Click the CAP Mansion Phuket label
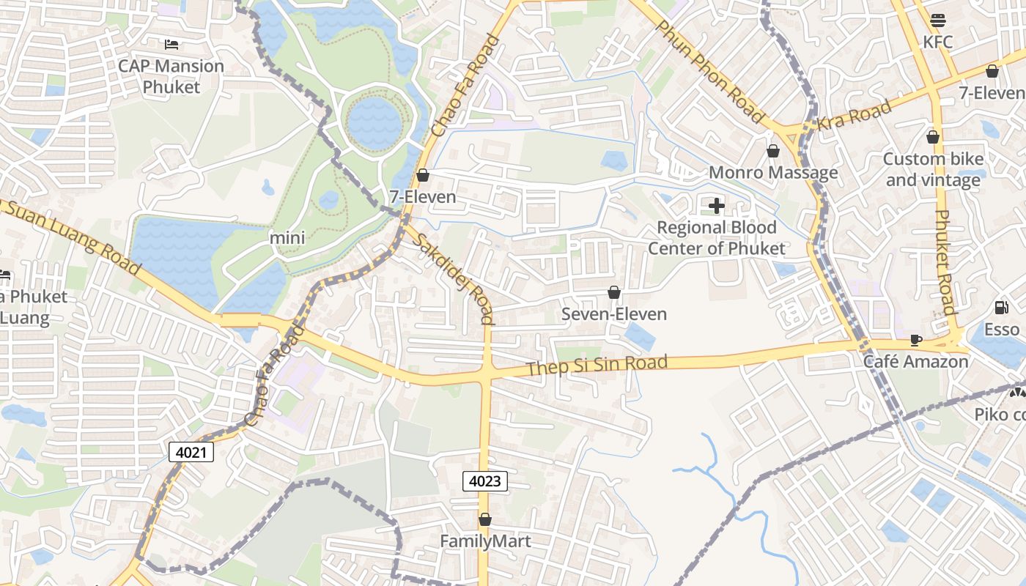pos(171,76)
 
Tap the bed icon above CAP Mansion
pos(171,45)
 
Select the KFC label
pos(937,42)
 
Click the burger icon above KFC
pos(937,20)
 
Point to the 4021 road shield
pos(191,452)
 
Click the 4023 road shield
pos(485,481)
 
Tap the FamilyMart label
pos(485,541)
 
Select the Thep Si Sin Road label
pos(597,365)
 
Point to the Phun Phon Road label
pos(709,71)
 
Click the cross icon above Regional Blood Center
pos(717,206)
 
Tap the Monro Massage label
pos(773,173)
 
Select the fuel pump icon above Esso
pos(1001,308)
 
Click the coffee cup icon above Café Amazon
pos(915,340)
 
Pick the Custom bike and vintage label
pos(932,169)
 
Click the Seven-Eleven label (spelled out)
pos(613,314)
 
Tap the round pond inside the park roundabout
pos(374,121)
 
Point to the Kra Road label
pos(855,116)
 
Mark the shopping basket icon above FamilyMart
pos(485,519)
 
